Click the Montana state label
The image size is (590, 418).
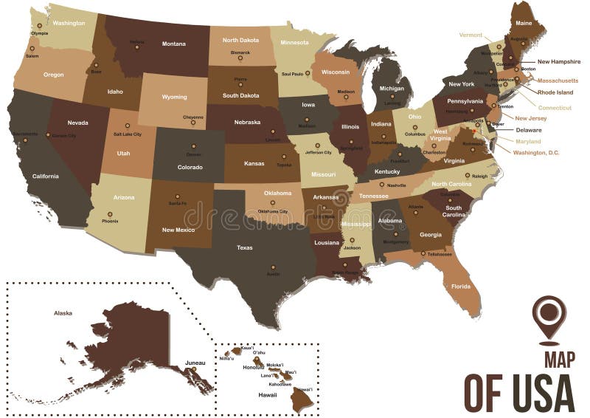(x=174, y=44)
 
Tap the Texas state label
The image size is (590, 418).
(x=244, y=247)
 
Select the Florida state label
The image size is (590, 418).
(x=461, y=286)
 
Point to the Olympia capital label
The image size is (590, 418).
(x=39, y=33)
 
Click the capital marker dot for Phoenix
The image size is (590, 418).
(x=110, y=214)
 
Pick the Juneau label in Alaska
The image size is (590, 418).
(x=195, y=363)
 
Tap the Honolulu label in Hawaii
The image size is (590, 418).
(x=254, y=367)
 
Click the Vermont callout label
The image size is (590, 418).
(x=471, y=35)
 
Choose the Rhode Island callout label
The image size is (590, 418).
(x=554, y=92)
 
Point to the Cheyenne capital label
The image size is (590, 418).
(x=193, y=117)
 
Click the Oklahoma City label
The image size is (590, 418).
(x=272, y=211)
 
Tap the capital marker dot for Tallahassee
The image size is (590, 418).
(x=423, y=254)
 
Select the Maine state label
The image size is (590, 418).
(x=524, y=23)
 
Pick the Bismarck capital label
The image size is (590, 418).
(x=241, y=52)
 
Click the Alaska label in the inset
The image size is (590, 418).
(x=63, y=312)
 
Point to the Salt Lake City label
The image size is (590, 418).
(x=128, y=134)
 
